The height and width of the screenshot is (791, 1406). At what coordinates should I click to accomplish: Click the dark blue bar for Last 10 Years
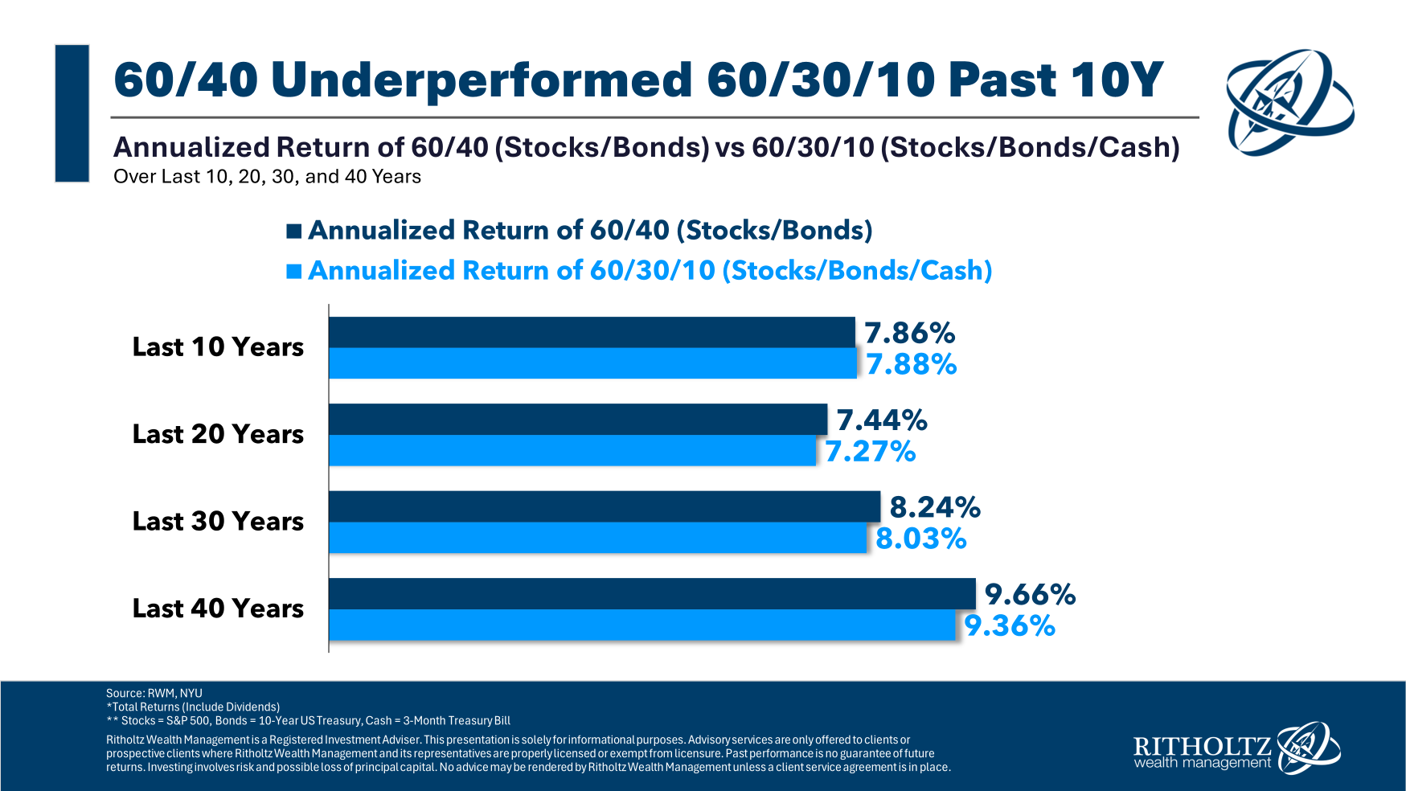coord(592,332)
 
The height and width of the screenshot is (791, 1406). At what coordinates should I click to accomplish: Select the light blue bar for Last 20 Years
coord(572,450)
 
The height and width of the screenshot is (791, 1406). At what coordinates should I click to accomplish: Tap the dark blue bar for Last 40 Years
coord(652,593)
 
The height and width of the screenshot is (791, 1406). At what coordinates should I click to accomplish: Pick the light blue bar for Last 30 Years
coord(597,537)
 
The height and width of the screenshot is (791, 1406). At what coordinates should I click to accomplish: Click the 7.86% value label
coord(910,333)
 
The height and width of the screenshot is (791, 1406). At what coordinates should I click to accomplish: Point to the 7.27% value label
coord(871,451)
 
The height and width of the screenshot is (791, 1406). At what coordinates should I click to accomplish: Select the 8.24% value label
coord(935,507)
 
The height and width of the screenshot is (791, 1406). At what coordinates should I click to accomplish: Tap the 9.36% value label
coord(1010,625)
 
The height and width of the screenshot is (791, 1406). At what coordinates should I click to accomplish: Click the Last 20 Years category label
coord(218,434)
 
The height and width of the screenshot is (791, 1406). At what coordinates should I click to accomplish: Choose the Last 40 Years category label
coord(218,609)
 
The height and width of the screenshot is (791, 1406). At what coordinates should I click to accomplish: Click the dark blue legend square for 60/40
coord(294,232)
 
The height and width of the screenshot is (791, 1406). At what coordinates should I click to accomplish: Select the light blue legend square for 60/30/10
coord(294,272)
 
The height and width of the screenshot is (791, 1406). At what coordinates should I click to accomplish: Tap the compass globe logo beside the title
coord(1289,102)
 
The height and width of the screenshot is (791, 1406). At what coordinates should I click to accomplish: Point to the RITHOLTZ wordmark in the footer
coord(1202,746)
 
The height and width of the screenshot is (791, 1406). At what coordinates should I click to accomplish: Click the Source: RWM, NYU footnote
coord(154,693)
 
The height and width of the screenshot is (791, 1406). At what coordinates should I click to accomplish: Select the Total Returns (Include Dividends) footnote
coord(193,707)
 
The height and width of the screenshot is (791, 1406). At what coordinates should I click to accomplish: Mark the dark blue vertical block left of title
coord(72,113)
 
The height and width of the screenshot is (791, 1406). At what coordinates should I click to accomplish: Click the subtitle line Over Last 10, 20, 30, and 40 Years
coord(268,177)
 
